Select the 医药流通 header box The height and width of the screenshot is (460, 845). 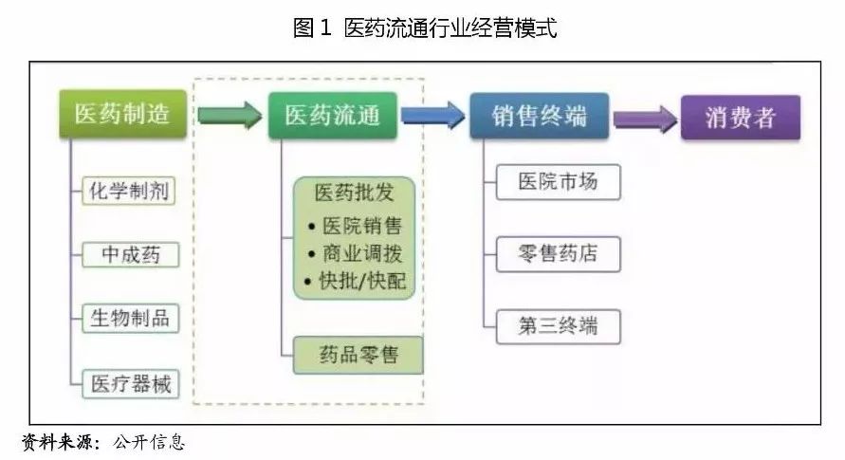[x=331, y=115]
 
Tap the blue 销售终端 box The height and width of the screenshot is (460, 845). [x=539, y=116]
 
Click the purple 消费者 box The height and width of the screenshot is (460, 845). [x=740, y=118]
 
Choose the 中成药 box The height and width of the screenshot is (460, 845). [x=132, y=253]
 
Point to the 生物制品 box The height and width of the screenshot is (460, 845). [x=132, y=318]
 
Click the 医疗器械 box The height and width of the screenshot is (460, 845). [x=132, y=382]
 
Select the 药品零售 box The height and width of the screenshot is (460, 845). [x=358, y=356]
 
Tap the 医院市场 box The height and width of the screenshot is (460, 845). [x=558, y=182]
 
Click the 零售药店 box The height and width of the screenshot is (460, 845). [x=558, y=254]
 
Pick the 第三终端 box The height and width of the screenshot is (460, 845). [x=558, y=326]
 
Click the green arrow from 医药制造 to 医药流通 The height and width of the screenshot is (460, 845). [x=229, y=116]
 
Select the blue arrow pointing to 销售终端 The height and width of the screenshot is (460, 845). [x=432, y=116]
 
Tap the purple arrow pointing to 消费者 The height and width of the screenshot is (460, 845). [x=644, y=119]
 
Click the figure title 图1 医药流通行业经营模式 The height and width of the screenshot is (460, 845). [x=424, y=28]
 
